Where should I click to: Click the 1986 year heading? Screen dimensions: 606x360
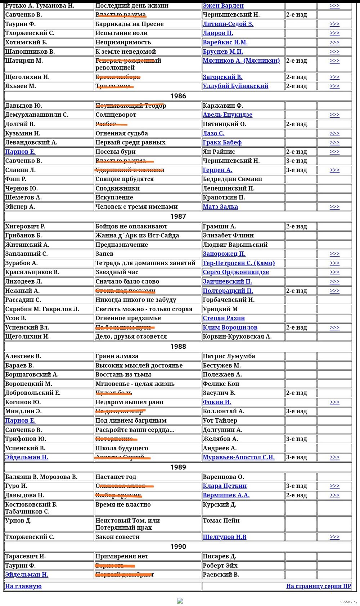coord(178,96)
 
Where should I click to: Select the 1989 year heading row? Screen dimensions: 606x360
coord(178,467)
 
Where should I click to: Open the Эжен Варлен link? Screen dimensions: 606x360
coord(223,6)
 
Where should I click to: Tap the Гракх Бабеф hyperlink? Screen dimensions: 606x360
coord(222,142)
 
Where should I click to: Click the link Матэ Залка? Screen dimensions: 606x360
coord(220,207)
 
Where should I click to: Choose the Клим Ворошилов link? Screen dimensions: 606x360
coord(230,327)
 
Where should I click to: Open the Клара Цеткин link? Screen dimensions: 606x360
coord(224,486)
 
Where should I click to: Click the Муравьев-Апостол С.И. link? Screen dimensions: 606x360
coord(238,457)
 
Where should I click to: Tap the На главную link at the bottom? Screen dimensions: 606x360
coord(23,586)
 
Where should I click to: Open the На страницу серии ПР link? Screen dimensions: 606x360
coord(318,586)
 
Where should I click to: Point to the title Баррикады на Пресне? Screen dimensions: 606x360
coord(129,24)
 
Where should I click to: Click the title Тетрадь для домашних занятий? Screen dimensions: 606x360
coord(145,263)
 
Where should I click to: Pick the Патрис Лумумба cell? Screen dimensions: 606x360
coord(229,356)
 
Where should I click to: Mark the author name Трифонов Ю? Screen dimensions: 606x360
coord(26,439)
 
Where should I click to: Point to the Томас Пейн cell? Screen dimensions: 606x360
coord(221,521)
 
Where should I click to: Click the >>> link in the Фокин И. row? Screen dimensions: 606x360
coord(334,402)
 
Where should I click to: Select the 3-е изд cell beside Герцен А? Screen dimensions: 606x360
coord(296,170)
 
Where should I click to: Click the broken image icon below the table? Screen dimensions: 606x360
coord(180,601)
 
